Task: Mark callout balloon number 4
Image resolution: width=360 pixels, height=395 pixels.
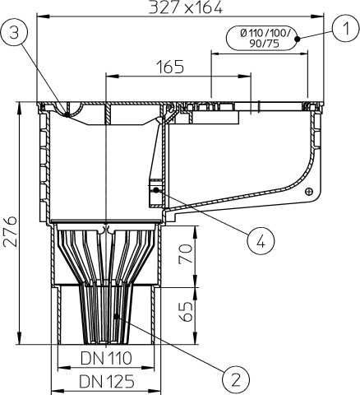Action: [259, 241]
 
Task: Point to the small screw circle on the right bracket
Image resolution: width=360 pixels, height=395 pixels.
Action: [308, 192]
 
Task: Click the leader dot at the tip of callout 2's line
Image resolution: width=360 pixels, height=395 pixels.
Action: [118, 316]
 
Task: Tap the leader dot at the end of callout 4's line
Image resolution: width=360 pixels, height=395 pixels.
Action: [155, 188]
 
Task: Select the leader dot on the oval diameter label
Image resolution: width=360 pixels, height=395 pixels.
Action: [298, 38]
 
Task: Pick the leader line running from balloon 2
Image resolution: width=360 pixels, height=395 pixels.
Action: [173, 346]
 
